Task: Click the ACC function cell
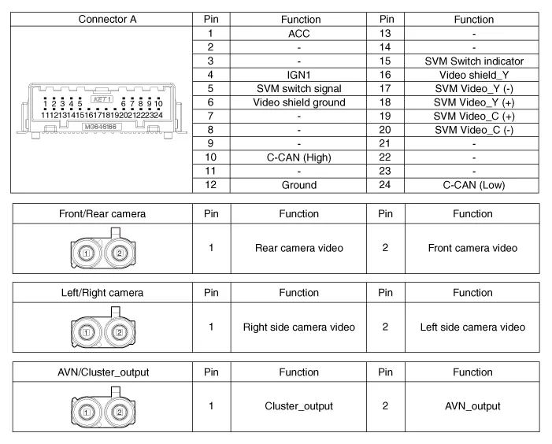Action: [298, 34]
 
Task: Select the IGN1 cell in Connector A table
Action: [298, 75]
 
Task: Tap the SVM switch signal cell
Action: [298, 88]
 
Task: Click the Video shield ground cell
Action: [298, 102]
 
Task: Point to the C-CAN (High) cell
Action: [298, 157]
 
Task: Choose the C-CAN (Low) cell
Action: [473, 185]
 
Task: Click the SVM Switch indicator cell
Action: [473, 61]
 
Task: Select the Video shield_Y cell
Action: [473, 75]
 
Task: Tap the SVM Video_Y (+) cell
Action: [473, 102]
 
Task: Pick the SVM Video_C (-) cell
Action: [473, 130]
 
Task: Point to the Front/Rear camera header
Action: [102, 213]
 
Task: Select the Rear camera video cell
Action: [298, 248]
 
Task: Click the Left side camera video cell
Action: [473, 327]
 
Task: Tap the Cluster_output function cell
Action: [298, 406]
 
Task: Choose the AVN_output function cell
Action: [473, 406]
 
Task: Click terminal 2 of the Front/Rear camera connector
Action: [120, 253]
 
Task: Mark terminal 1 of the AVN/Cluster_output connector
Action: [87, 412]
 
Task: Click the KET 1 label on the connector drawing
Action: [102, 101]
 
